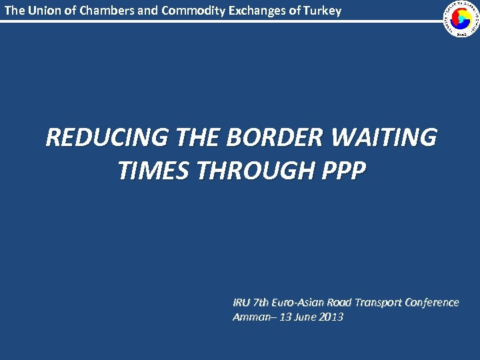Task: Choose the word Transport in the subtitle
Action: click(x=383, y=302)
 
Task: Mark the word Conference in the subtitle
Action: click(x=434, y=302)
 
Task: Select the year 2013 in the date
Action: click(x=331, y=317)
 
